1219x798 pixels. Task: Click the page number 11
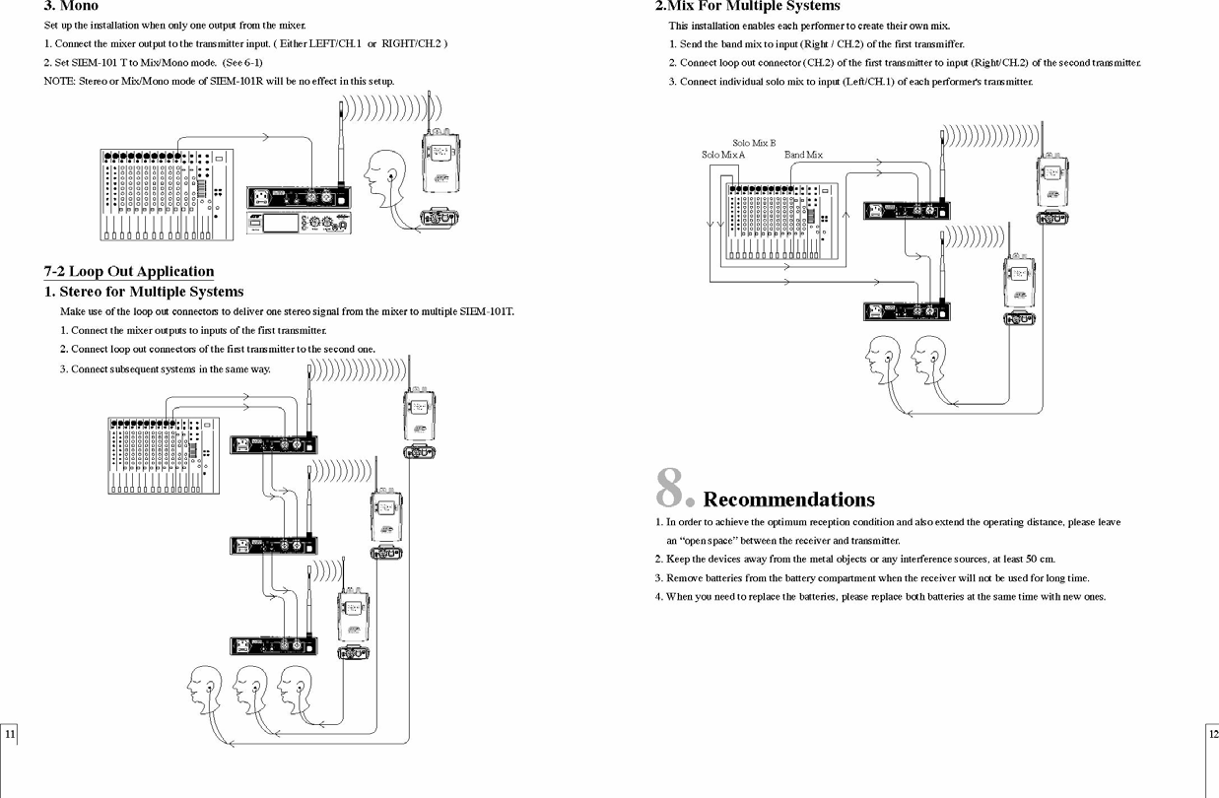[x=9, y=735]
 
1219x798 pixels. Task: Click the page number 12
[x=1211, y=735]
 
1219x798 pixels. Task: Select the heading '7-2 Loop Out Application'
[x=129, y=272]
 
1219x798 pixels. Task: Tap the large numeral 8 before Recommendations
[x=672, y=488]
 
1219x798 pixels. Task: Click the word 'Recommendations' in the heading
[x=788, y=499]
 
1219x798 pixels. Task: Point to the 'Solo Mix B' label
[x=754, y=143]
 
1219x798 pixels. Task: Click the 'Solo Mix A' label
[x=723, y=155]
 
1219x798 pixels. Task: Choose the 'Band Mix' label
[x=803, y=155]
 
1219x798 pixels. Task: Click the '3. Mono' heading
[x=71, y=6]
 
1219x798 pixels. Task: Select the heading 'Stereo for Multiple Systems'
[x=151, y=292]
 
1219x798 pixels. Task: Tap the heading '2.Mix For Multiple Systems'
[x=747, y=6]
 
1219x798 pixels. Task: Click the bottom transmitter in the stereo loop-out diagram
[x=274, y=646]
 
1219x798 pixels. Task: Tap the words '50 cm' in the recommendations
[x=1040, y=560]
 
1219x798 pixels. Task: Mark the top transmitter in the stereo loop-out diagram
[x=274, y=444]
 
